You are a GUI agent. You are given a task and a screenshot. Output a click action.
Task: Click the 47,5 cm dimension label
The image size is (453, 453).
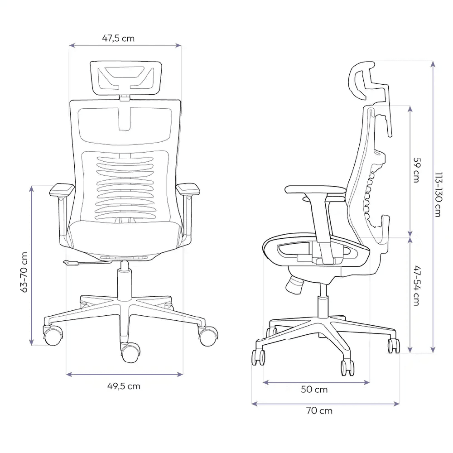point(118,39)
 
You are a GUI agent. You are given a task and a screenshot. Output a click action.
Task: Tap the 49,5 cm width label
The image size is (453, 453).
point(124,386)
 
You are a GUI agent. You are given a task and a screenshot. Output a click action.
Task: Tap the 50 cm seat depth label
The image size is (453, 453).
point(314,390)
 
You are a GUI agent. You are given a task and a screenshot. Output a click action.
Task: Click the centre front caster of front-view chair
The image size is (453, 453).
point(130,352)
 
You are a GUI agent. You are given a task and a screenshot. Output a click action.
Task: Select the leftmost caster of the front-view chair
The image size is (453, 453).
point(52,335)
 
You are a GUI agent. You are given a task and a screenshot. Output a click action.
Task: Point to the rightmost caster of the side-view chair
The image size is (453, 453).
point(393,345)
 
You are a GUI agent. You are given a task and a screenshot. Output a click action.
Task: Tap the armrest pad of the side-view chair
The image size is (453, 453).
point(315,190)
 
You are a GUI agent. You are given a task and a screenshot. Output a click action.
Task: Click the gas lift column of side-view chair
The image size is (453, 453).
point(323,301)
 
